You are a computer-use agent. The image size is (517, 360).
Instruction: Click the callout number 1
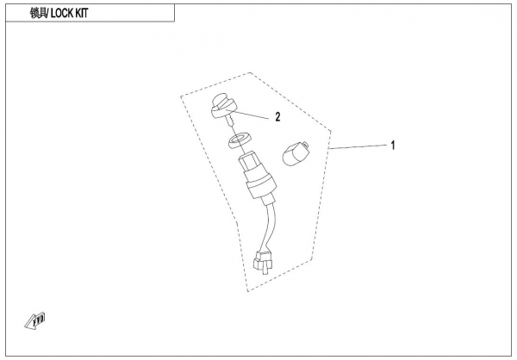393,145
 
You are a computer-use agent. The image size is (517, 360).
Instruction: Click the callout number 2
277,117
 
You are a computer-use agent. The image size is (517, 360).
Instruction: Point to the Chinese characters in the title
39,13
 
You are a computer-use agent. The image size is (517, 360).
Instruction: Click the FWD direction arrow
35,320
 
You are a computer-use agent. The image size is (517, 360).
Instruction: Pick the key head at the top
223,106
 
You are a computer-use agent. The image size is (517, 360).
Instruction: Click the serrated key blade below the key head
230,121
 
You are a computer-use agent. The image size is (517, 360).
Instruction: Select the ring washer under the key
240,140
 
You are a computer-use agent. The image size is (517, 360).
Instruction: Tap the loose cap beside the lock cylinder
295,152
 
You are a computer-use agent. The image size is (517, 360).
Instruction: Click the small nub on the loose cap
306,144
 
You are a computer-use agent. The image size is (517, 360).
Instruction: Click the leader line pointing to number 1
358,146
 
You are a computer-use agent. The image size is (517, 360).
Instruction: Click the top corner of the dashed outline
250,72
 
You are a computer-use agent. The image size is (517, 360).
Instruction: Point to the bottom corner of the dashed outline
247,291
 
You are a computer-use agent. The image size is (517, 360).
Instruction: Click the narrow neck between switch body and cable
268,200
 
